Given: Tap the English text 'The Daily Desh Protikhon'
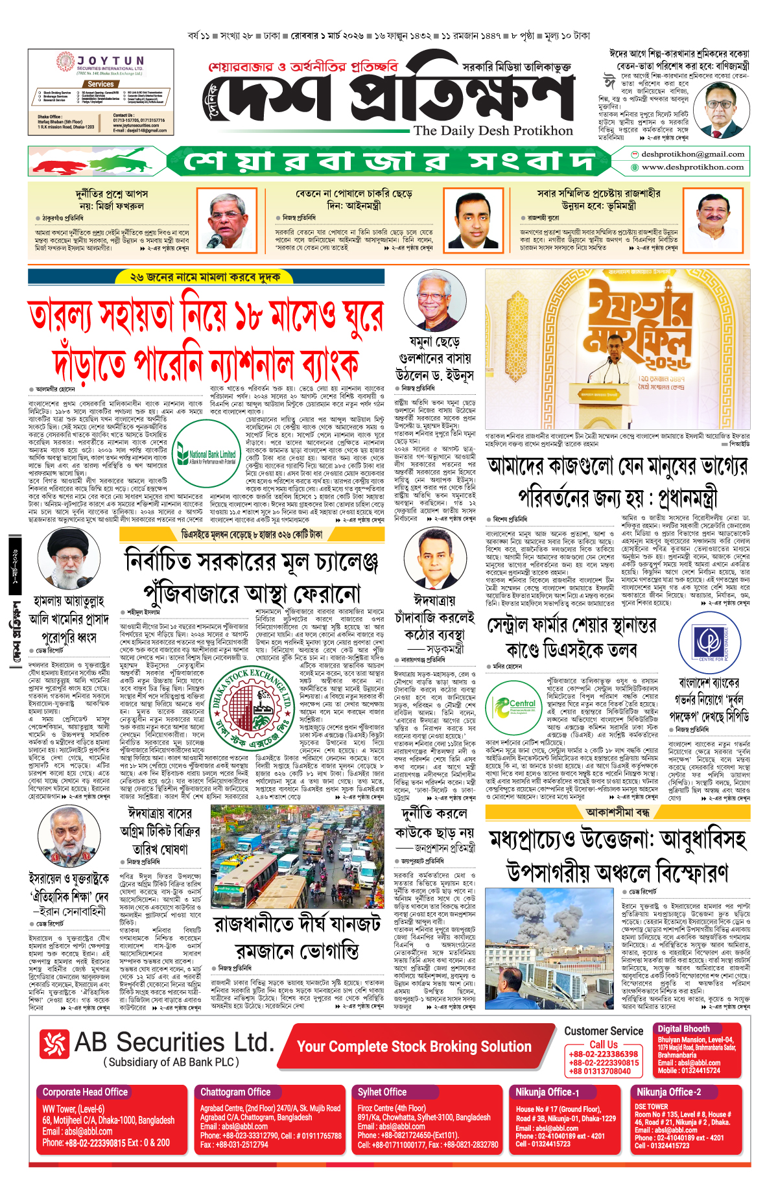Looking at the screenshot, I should pos(493,130).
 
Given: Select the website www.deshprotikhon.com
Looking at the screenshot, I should pos(692,167).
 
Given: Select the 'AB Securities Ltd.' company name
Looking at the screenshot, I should pos(174,1043).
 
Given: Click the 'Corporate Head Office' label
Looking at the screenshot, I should pos(85,1092).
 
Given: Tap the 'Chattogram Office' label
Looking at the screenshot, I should pos(235,1092).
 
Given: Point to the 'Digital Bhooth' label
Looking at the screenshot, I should pos(683,1028).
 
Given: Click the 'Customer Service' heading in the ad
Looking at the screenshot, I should pos(603,1031).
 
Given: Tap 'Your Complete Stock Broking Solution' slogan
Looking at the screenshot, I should pos(414,1047).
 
